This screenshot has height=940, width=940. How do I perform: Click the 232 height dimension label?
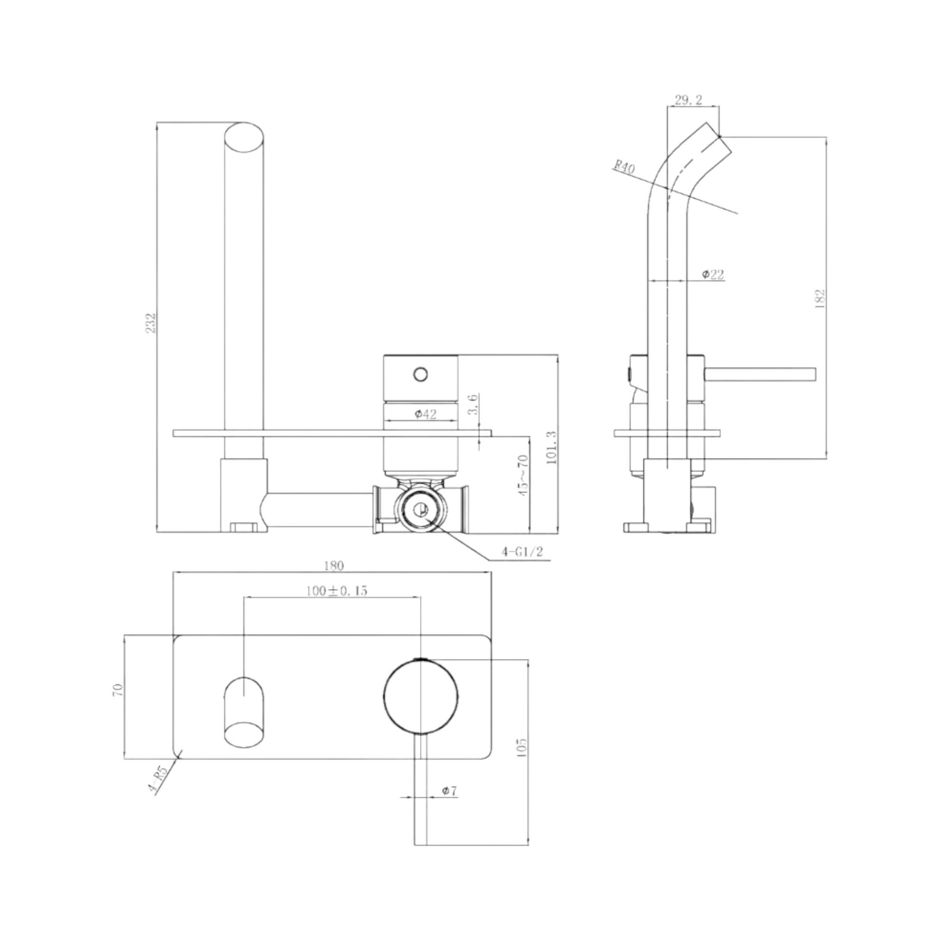pyautogui.click(x=151, y=323)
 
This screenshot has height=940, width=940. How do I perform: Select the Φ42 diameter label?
pyautogui.click(x=425, y=414)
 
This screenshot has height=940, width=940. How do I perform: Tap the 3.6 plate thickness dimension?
pyautogui.click(x=473, y=405)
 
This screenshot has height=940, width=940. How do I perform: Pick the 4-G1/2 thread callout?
pyautogui.click(x=522, y=552)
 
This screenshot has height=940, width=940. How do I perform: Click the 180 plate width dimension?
pyautogui.click(x=333, y=565)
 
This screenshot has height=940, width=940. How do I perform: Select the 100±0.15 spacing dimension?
pyautogui.click(x=337, y=591)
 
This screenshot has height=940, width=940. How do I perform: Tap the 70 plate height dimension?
pyautogui.click(x=118, y=691)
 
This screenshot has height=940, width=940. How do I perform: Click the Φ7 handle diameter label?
pyautogui.click(x=449, y=791)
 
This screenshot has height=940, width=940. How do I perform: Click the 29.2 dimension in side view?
pyautogui.click(x=688, y=100)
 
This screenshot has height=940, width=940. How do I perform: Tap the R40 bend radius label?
pyautogui.click(x=624, y=167)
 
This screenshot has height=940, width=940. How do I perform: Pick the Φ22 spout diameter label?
pyautogui.click(x=712, y=275)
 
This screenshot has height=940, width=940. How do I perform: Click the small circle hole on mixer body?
pyautogui.click(x=421, y=374)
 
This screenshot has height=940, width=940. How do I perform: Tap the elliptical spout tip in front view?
pyautogui.click(x=245, y=138)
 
